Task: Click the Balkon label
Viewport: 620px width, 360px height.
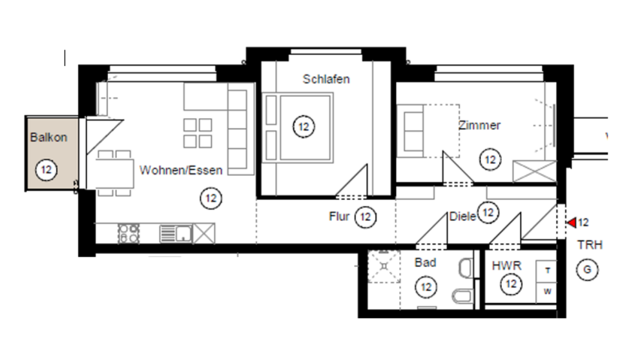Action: (x=48, y=138)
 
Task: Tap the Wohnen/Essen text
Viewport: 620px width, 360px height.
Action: (x=181, y=171)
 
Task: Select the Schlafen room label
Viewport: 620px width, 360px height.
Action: (x=326, y=79)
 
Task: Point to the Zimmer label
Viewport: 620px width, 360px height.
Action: (x=479, y=125)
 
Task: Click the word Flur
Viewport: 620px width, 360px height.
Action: (x=339, y=217)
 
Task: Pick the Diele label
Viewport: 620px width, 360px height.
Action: (x=462, y=217)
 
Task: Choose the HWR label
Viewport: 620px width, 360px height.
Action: (x=506, y=266)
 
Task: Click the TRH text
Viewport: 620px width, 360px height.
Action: (x=589, y=246)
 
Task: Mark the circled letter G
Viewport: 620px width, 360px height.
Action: (x=588, y=270)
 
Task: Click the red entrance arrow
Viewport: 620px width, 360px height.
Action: (x=571, y=223)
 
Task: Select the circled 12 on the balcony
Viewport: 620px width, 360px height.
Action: (x=46, y=171)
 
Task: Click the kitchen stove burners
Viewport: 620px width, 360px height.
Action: (x=129, y=233)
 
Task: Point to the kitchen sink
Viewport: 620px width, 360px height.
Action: (x=176, y=233)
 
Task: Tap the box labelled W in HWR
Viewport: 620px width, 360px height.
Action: (x=547, y=291)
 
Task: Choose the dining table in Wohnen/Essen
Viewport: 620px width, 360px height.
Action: (x=115, y=173)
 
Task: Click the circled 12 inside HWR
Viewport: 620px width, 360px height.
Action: (x=512, y=283)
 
